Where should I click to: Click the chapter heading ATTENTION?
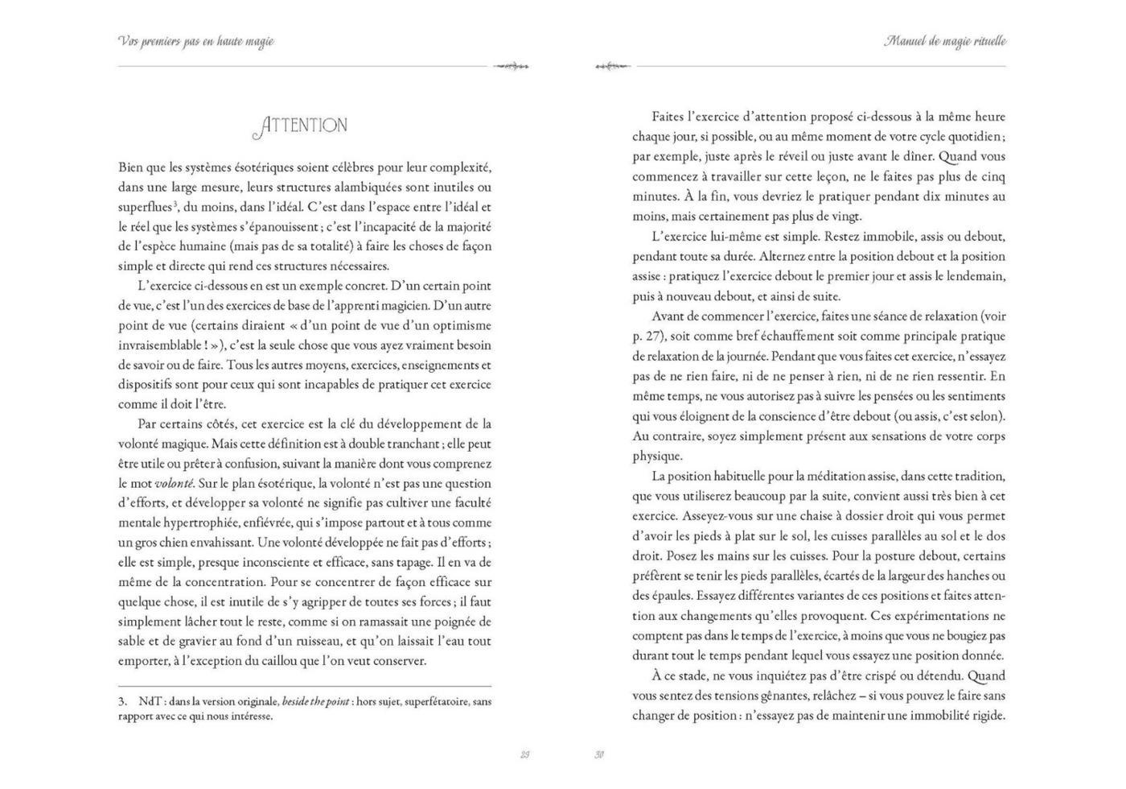pyautogui.click(x=301, y=126)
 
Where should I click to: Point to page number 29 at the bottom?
pyautogui.click(x=525, y=754)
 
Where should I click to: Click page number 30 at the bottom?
pyautogui.click(x=599, y=754)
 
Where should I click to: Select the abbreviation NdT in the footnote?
pyautogui.click(x=150, y=701)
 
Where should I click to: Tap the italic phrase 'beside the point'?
pyautogui.click(x=315, y=701)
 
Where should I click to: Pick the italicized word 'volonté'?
pyautogui.click(x=175, y=484)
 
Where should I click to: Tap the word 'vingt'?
pyautogui.click(x=846, y=216)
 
